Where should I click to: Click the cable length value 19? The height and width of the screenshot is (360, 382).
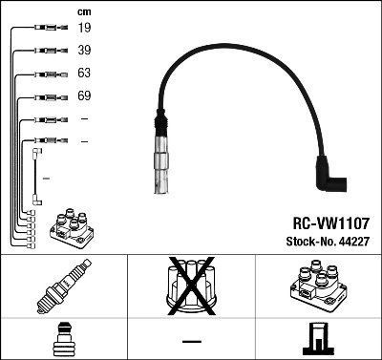pos(84,28)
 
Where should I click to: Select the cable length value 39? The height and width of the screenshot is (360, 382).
pos(84,50)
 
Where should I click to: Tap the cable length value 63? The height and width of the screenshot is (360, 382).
pos(84,74)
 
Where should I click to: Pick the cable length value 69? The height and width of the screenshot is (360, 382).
pos(84,96)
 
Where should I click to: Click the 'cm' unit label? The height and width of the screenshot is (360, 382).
pos(84,11)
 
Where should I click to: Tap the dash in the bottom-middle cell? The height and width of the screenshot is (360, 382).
pos(190,339)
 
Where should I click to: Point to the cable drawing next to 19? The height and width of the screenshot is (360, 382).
pos(46,29)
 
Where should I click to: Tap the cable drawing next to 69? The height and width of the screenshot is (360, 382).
pos(46,96)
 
